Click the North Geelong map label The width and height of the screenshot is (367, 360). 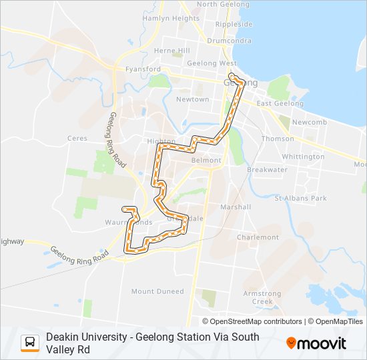tap(217, 4)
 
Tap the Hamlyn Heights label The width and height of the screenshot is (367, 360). tap(171, 19)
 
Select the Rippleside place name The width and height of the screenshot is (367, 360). tap(234, 24)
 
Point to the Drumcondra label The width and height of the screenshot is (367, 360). tap(229, 40)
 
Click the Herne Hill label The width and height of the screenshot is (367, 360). tap(172, 51)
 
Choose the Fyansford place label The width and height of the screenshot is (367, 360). tap(143, 69)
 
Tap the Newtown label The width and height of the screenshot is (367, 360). tap(192, 99)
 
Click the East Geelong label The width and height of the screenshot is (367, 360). tap(280, 103)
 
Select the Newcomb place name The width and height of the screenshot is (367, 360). tap(309, 123)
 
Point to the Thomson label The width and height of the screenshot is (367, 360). tap(278, 139)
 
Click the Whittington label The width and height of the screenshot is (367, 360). tap(303, 157)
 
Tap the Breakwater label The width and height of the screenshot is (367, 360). tap(267, 169)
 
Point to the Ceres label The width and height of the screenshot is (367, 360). tap(77, 139)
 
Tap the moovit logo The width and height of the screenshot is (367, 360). tap(316, 343)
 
